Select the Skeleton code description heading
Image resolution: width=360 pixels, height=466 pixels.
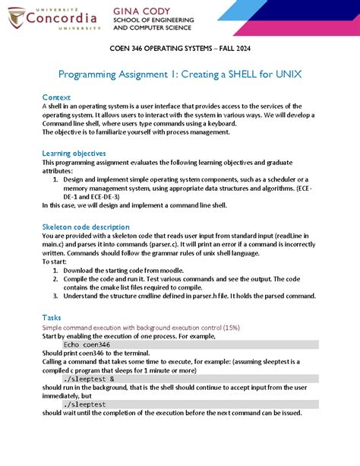(86, 227)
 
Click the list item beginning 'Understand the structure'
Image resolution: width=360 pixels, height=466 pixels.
(114, 296)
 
